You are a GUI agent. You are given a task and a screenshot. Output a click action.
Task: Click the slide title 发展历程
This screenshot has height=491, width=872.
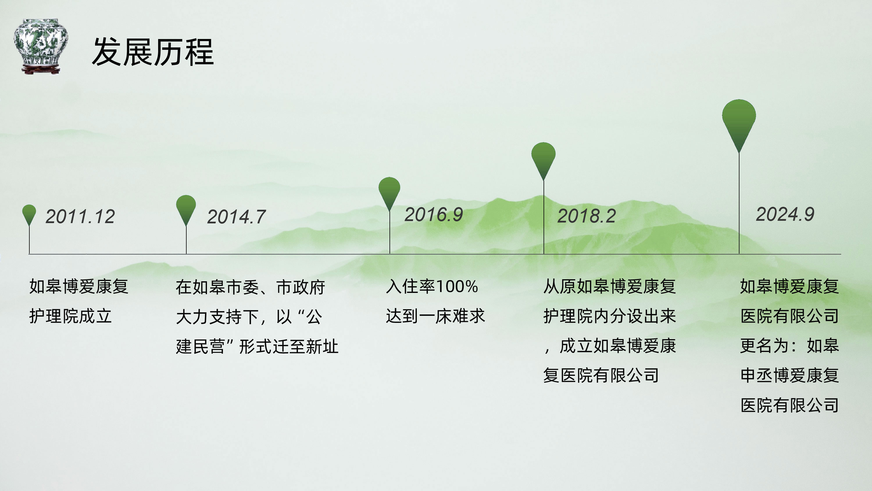[153, 52]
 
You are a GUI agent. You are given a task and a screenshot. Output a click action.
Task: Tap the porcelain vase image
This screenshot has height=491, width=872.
[41, 47]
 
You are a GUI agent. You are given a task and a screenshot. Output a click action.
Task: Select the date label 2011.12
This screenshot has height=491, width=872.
[80, 216]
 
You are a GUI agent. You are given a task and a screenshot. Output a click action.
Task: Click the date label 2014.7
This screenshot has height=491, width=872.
[236, 217]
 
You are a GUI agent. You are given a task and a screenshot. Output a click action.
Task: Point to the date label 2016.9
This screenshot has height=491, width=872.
[434, 214]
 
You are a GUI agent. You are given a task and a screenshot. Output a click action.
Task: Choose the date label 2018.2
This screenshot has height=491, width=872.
[587, 216]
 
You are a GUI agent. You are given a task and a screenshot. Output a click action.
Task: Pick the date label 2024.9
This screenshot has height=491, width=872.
[785, 214]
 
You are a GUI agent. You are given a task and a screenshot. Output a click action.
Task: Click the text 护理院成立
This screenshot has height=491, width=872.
[70, 316]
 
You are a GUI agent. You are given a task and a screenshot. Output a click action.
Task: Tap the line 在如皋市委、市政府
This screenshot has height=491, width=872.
[251, 287]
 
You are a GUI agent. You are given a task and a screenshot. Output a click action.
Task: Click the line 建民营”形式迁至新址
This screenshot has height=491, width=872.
[257, 347]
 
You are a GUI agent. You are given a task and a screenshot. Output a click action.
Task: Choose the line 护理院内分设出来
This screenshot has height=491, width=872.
[610, 316]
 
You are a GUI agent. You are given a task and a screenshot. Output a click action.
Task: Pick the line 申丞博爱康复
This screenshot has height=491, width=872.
[790, 376]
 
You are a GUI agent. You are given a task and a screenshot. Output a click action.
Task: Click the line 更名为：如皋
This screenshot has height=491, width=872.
[790, 346]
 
